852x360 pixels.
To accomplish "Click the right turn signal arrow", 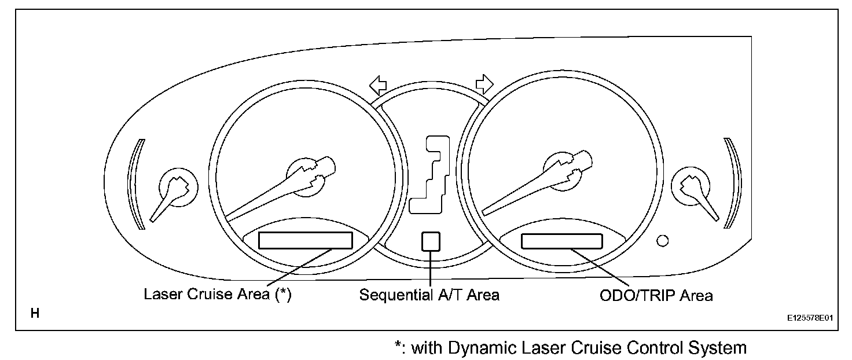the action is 484,85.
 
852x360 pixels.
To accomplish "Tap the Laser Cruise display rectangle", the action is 305,240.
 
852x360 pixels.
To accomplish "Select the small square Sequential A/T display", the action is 431,241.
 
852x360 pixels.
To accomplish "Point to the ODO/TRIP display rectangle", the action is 561,240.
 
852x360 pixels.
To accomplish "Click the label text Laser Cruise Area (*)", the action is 217,295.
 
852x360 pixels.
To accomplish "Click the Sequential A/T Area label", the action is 429,295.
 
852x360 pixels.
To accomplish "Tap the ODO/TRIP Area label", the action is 656,295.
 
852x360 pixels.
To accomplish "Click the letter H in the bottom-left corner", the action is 35,314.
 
